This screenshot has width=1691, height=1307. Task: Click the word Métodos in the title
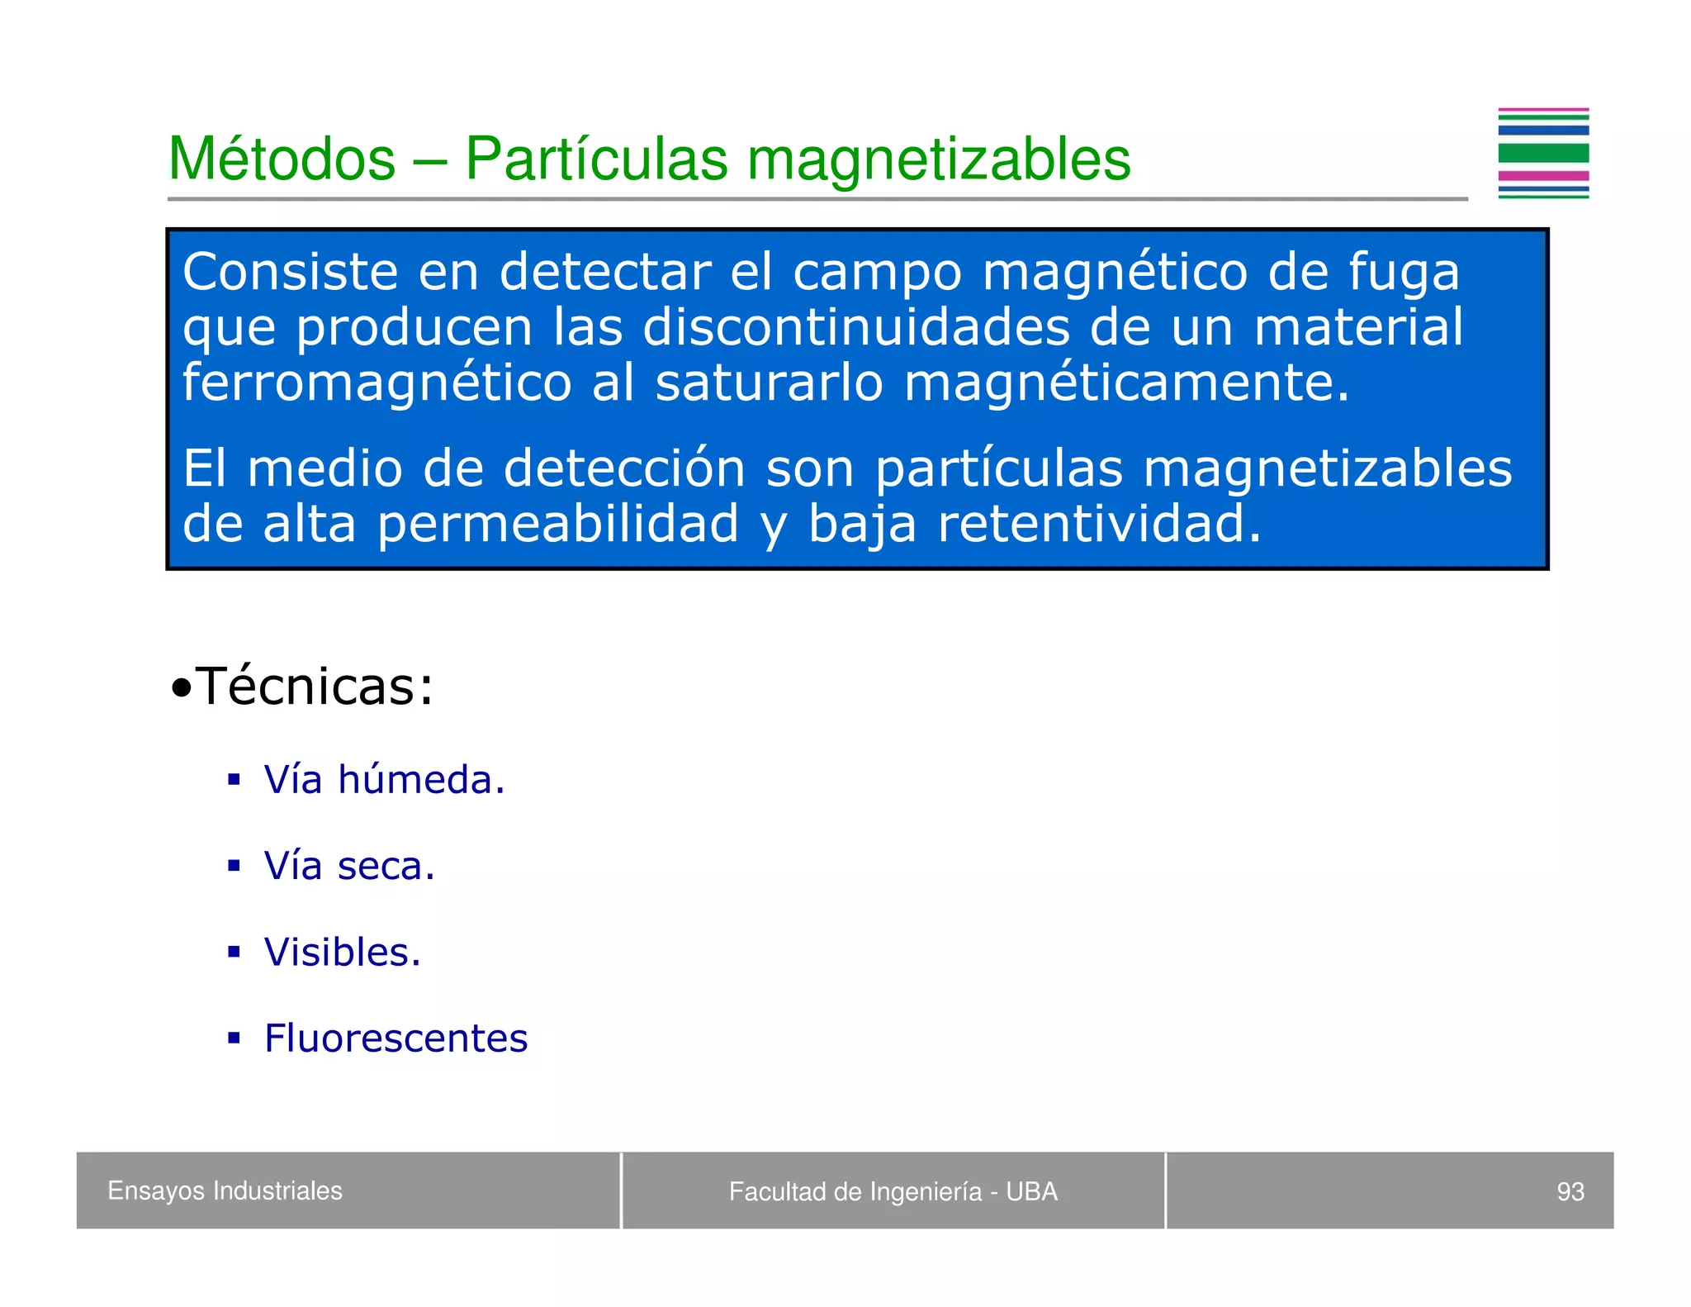coord(282,159)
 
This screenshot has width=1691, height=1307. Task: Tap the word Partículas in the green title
coord(596,159)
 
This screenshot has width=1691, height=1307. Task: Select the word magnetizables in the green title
coord(939,159)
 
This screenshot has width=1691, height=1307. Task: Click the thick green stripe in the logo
coord(1542,153)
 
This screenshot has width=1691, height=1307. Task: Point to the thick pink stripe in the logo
coord(1542,175)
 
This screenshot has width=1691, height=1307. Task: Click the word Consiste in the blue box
coord(290,272)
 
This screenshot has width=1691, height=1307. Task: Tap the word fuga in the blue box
coord(1403,273)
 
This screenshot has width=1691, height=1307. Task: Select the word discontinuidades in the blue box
coord(856,327)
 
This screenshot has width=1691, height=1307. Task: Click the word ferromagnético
coord(377,383)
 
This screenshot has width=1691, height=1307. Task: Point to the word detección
coord(624,468)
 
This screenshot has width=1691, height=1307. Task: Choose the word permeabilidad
coord(557,524)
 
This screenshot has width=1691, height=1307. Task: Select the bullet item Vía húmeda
coord(384,779)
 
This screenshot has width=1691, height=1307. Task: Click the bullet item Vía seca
coord(349,866)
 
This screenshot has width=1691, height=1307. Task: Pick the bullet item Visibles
coord(343,952)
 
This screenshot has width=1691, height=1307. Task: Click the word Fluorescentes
coord(396,1038)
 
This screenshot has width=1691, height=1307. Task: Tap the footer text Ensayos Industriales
coord(225,1191)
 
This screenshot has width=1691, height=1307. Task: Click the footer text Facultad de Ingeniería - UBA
coord(893,1191)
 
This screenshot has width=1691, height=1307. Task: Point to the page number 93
coord(1570,1191)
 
